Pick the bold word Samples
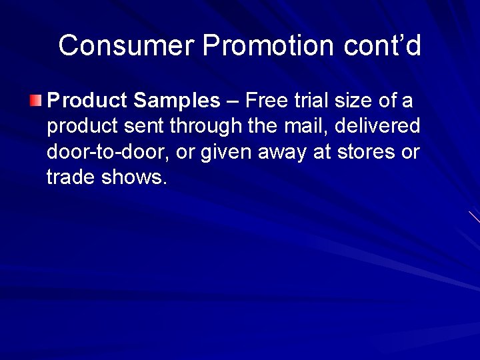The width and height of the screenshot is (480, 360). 177,101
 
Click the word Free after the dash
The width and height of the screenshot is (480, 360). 267,101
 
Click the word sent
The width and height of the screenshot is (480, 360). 141,127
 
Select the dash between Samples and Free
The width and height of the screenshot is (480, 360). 233,102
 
